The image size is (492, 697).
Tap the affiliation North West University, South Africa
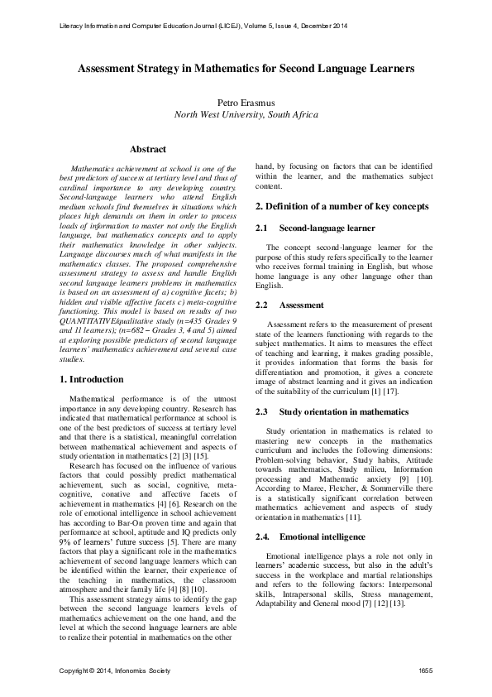click(246, 114)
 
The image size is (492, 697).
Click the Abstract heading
click(148, 150)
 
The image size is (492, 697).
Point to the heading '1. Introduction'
click(93, 379)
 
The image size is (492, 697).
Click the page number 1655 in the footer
click(425, 669)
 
